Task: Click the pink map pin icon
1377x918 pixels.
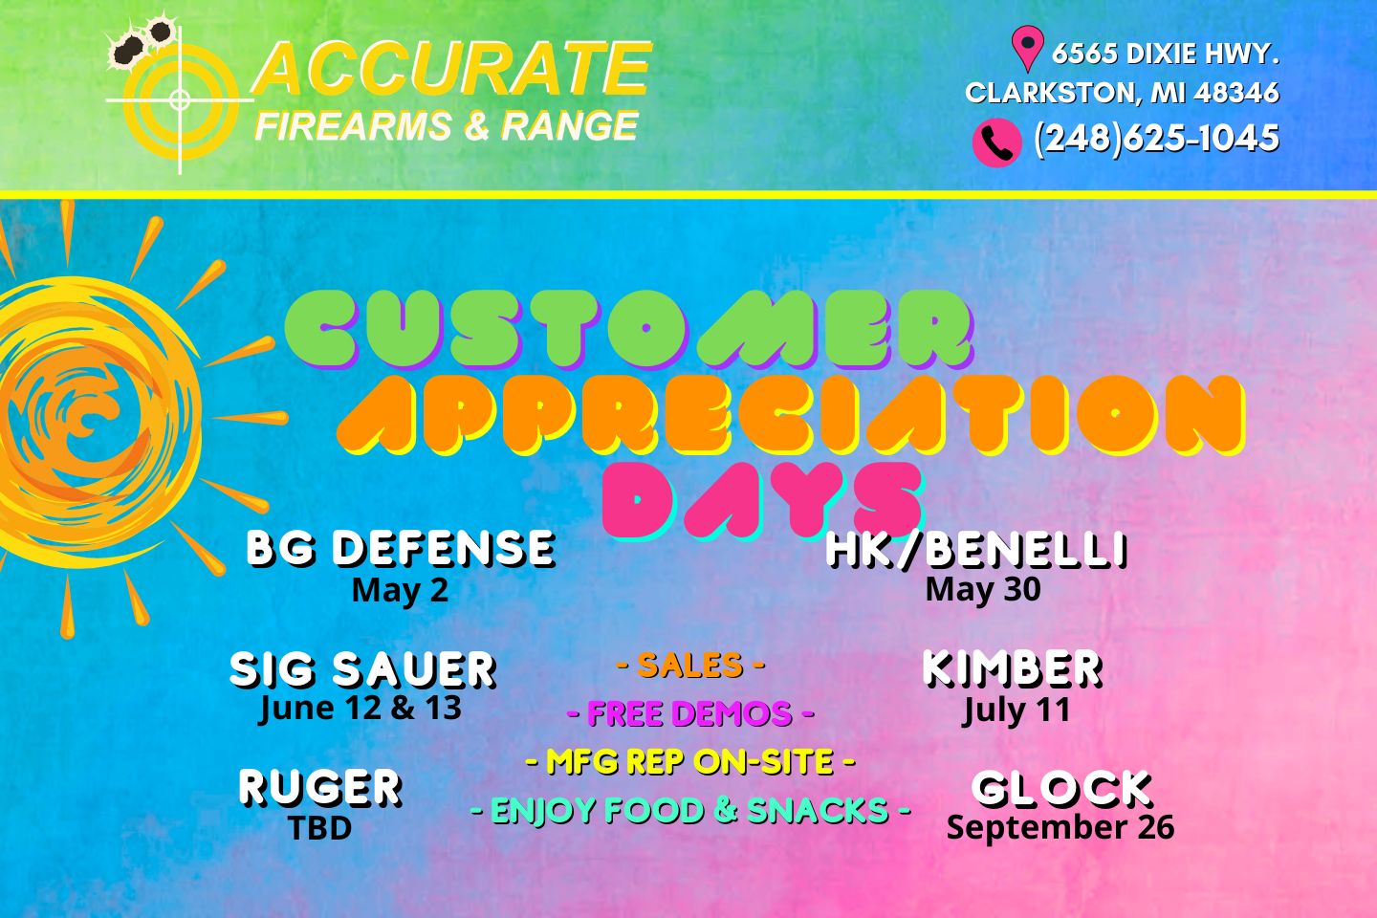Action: coord(1027,48)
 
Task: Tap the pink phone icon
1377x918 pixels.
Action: coord(997,142)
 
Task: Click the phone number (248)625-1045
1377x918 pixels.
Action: coord(1156,139)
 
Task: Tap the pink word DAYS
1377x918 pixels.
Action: coord(763,500)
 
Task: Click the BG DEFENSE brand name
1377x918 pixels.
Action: coord(402,549)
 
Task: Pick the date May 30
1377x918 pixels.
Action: coord(983,589)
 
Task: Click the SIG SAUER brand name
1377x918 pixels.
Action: coord(363,669)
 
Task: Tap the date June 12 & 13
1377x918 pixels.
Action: coord(361,708)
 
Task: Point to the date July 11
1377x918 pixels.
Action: coord(1016,710)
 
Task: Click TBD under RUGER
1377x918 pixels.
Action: coord(320,827)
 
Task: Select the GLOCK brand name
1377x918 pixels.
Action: coord(1061,789)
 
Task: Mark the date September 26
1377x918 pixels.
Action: coord(1060,827)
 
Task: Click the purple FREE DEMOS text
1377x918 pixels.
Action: coord(690,713)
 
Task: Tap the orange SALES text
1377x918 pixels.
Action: coord(690,665)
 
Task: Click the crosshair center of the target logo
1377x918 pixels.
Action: coord(180,99)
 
